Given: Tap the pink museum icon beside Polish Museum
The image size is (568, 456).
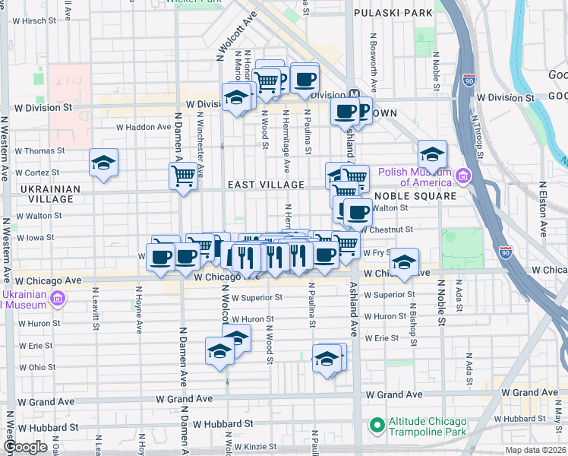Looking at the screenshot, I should click(x=462, y=177).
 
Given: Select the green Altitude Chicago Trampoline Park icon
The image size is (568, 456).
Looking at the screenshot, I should click(x=375, y=424).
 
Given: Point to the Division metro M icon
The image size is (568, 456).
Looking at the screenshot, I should click(x=353, y=95).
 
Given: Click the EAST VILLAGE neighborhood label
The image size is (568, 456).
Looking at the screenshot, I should click(x=267, y=185).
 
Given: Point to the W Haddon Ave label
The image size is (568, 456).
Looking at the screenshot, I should click(x=144, y=127).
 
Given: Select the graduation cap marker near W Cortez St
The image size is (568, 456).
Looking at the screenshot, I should click(x=103, y=163).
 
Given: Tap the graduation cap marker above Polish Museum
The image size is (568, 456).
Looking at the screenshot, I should click(x=432, y=154).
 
